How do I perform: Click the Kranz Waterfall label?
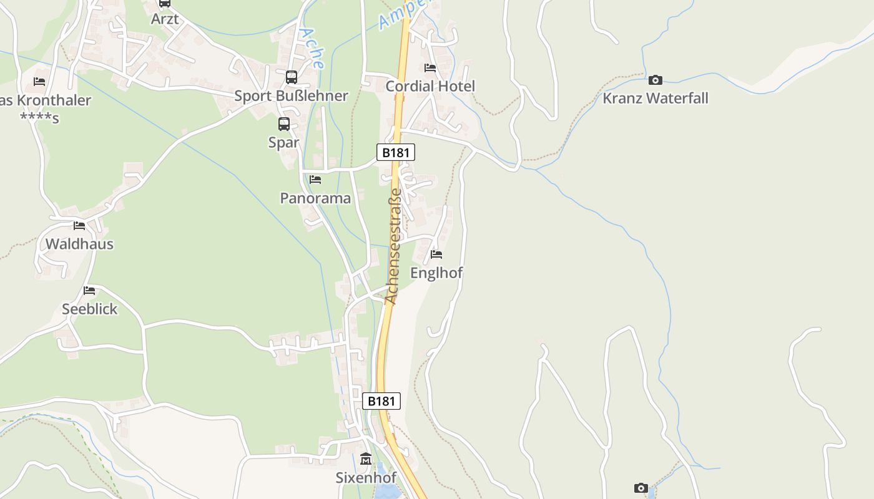[x=655, y=98]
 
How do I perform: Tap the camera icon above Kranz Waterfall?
[x=655, y=80]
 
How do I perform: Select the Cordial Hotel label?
[x=430, y=86]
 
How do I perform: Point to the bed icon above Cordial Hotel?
[x=430, y=67]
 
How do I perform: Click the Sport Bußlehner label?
[x=291, y=95]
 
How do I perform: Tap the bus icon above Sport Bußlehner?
[x=291, y=77]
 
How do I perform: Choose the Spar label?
[x=284, y=142]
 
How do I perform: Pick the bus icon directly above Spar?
[x=284, y=124]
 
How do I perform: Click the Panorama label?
[x=315, y=198]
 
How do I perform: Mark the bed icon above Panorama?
[x=315, y=180]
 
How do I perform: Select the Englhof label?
[x=436, y=273]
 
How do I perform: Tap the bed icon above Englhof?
[x=436, y=254]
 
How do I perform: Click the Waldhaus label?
[x=79, y=244]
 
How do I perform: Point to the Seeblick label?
[x=89, y=309]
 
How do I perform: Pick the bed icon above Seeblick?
[x=89, y=290]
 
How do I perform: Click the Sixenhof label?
[x=366, y=478]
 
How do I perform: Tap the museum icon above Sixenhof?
[x=366, y=459]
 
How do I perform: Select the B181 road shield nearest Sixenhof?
[x=381, y=401]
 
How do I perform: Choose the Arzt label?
[x=165, y=19]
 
